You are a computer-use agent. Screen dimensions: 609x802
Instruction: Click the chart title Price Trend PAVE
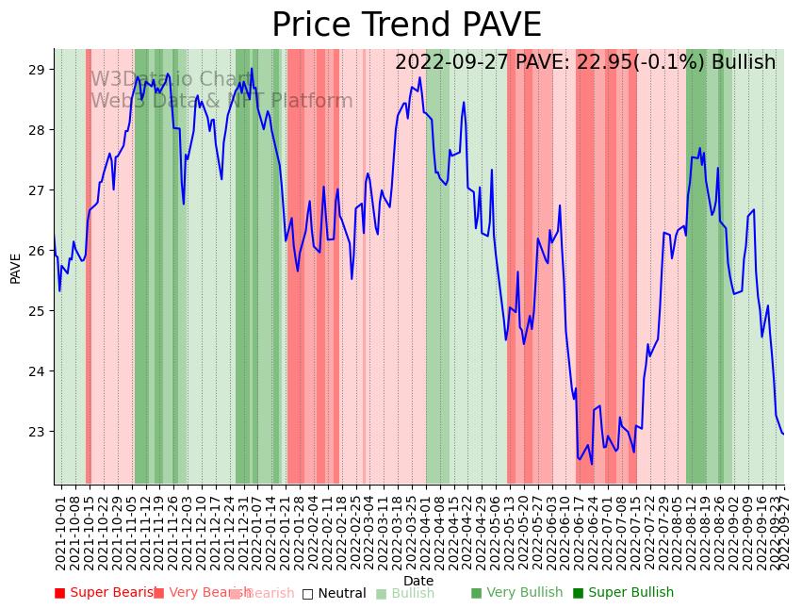(x=406, y=25)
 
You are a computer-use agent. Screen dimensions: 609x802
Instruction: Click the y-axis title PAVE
(x=15, y=268)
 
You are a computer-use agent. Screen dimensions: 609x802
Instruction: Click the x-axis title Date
(x=418, y=581)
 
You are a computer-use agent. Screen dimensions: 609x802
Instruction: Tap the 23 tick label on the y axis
(x=37, y=432)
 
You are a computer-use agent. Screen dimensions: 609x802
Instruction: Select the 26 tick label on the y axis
(x=37, y=251)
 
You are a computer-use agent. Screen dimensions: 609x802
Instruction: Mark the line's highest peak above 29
(x=252, y=69)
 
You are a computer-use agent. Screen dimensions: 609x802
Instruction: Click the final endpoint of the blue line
(x=783, y=434)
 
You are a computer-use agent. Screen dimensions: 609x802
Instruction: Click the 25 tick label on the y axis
(x=37, y=311)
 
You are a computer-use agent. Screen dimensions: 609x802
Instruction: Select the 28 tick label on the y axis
(x=37, y=130)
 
